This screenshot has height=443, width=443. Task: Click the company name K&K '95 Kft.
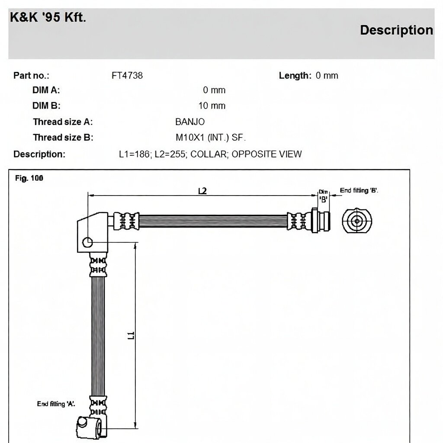point(48,17)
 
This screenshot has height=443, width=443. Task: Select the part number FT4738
point(127,76)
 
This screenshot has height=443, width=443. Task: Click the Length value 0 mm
point(327,76)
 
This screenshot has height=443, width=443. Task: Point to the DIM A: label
point(46,90)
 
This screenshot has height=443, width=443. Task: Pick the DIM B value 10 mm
point(212,106)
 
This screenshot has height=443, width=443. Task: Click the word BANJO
point(190,122)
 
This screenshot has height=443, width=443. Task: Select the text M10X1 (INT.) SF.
point(211,138)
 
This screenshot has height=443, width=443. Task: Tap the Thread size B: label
point(63,138)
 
